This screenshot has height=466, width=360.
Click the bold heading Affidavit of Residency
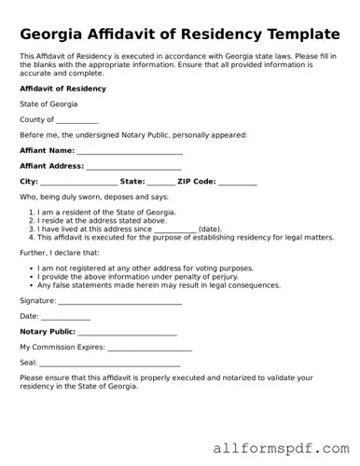click(x=62, y=89)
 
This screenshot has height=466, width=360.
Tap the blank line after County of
click(x=77, y=121)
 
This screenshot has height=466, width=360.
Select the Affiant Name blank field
click(x=130, y=151)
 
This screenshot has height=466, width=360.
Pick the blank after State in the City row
click(x=160, y=183)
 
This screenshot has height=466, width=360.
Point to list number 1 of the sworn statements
click(x=33, y=212)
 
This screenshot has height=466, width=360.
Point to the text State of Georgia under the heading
click(x=48, y=103)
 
